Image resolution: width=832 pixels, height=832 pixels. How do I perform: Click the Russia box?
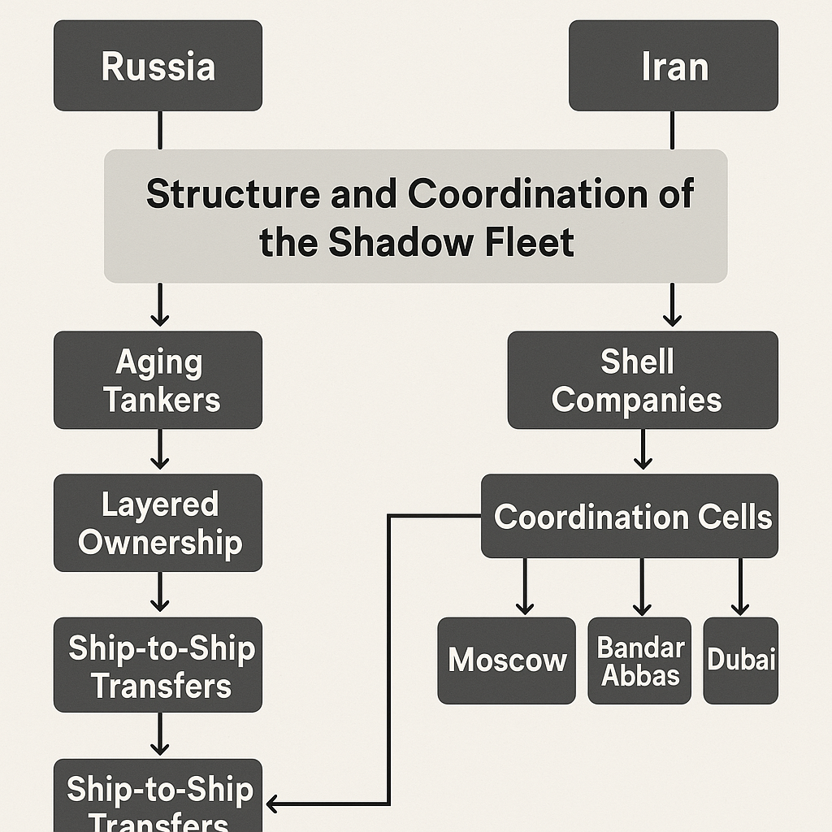(x=158, y=66)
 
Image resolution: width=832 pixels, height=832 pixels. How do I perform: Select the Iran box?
(x=673, y=66)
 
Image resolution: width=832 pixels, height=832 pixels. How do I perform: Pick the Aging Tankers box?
(x=158, y=380)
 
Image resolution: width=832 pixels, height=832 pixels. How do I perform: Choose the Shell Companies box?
(x=642, y=380)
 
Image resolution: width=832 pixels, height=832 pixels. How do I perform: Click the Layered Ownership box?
(x=158, y=522)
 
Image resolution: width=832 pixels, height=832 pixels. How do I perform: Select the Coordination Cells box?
(x=630, y=517)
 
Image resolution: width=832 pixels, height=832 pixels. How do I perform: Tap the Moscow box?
(x=507, y=660)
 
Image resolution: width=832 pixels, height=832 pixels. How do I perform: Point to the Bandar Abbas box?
(x=639, y=660)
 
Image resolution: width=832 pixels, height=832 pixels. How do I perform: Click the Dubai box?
(x=740, y=660)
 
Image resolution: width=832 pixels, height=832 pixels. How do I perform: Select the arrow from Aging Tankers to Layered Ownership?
(x=160, y=450)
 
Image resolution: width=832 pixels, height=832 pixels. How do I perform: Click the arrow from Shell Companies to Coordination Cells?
(x=643, y=450)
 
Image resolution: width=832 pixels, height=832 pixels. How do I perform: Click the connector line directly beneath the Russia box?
(x=160, y=129)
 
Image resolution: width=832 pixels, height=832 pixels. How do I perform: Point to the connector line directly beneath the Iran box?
(x=673, y=129)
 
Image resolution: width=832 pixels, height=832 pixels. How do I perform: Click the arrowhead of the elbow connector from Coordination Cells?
(x=273, y=804)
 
